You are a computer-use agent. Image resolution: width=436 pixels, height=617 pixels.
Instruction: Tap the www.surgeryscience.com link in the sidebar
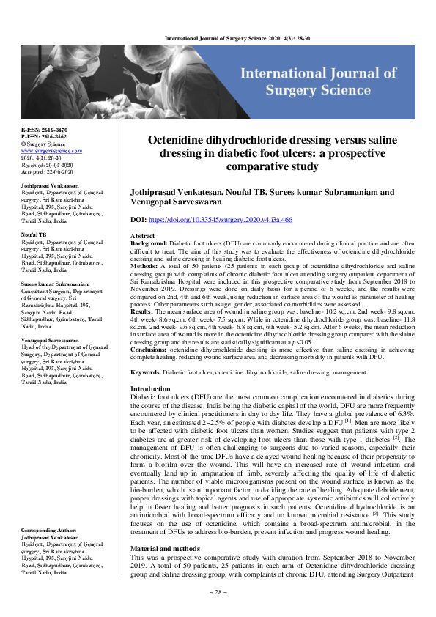pos(51,150)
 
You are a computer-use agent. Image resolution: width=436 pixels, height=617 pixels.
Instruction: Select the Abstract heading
pos(142,237)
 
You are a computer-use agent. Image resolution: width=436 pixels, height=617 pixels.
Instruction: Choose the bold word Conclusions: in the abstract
pos(152,351)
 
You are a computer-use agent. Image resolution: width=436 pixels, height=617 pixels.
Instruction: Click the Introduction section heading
pos(149,388)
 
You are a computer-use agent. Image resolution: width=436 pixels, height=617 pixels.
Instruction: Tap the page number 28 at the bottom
pos(217,611)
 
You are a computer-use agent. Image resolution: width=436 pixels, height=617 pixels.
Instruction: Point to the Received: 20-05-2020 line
pos(49,165)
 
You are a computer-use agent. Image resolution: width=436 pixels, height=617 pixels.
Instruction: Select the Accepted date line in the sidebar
pos(49,171)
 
